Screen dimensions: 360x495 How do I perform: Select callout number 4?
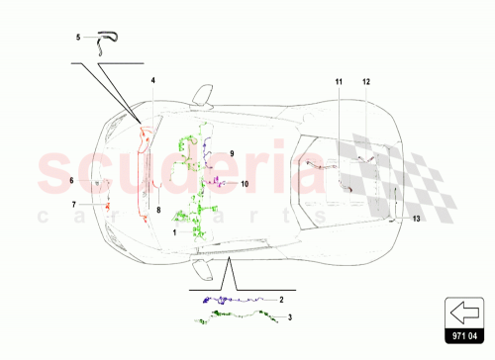point(153,79)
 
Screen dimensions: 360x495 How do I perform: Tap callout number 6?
point(72,180)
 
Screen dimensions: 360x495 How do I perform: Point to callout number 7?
point(72,204)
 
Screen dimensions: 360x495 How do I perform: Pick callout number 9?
point(231,154)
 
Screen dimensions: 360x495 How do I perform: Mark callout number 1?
point(175,231)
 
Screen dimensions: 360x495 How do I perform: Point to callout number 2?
point(281,298)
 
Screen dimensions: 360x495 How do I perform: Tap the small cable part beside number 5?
point(104,38)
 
